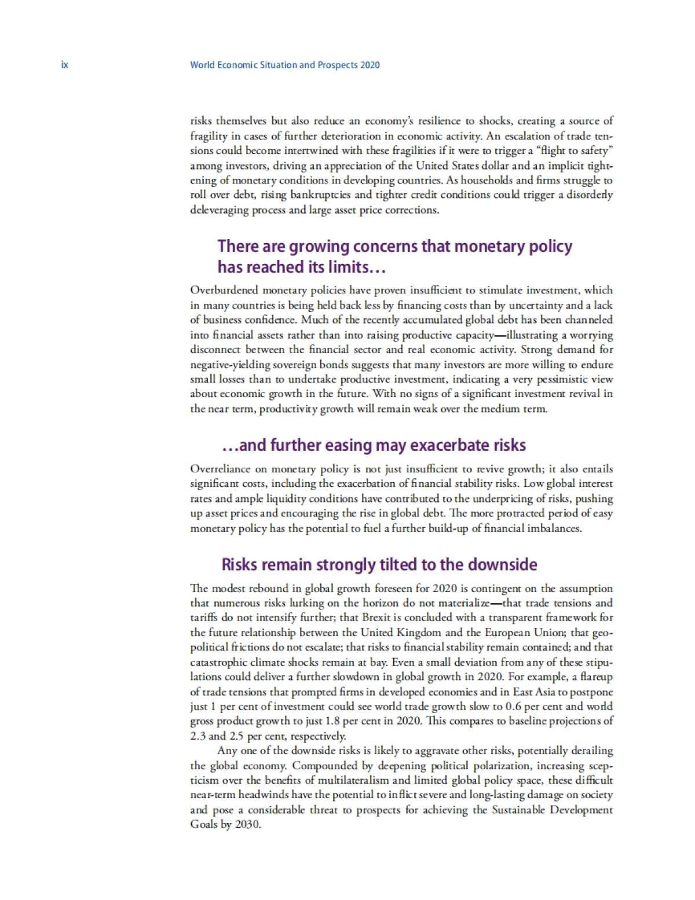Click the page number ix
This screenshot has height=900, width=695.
pos(64,65)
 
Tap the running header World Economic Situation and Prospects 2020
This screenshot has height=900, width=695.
pos(284,65)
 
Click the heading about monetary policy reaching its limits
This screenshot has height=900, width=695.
pos(394,256)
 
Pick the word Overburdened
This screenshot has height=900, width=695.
pos(224,290)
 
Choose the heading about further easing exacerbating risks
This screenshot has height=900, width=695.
pos(374,445)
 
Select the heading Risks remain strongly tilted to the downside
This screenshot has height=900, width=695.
pos(379,564)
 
